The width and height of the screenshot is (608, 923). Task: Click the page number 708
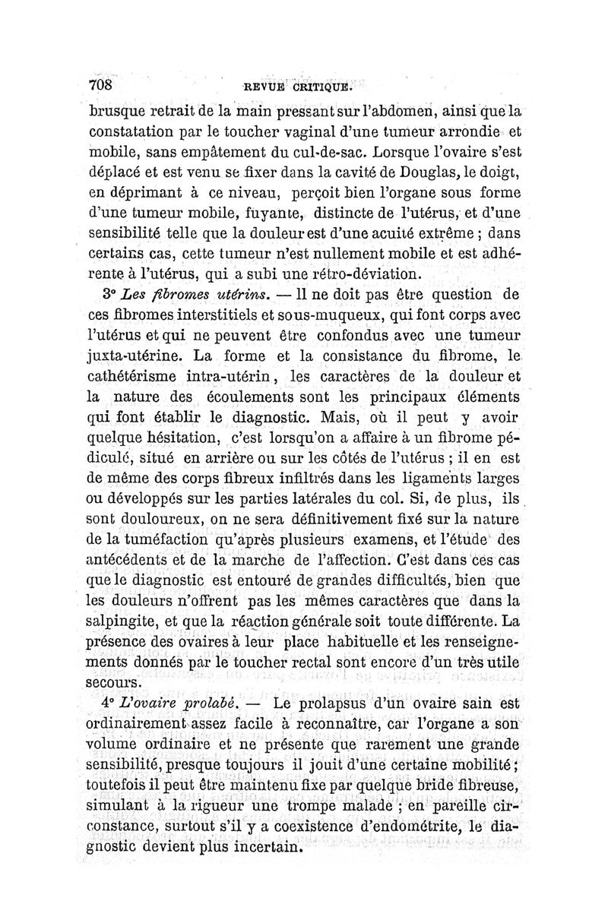point(100,83)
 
